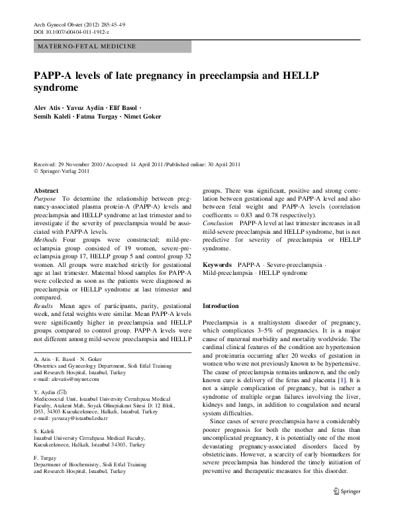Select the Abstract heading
[46, 189]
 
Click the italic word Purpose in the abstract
[45, 198]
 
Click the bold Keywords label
[217, 264]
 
